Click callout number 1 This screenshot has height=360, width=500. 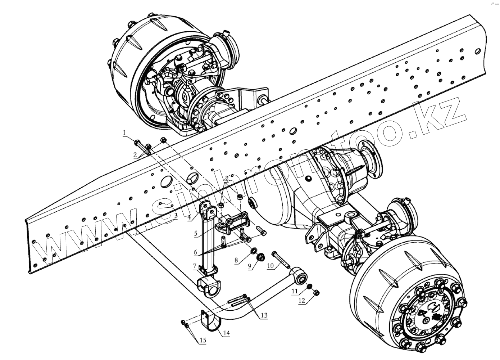click(x=124, y=133)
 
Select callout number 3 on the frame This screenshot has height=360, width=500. click(x=176, y=216)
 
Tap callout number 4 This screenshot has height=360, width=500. click(x=189, y=217)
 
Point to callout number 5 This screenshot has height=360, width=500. click(x=195, y=233)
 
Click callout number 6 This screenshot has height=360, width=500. click(x=195, y=252)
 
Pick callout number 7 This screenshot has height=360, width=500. click(x=195, y=266)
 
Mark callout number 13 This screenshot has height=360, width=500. click(x=264, y=315)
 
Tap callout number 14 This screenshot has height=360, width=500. click(x=226, y=333)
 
